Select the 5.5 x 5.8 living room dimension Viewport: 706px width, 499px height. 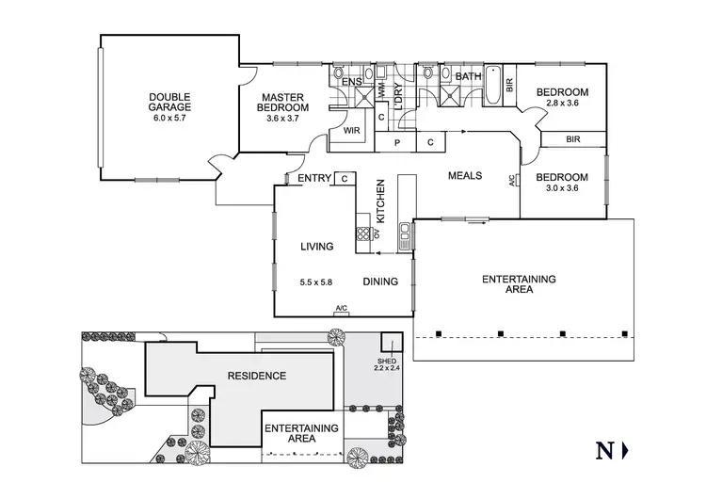pos(317,282)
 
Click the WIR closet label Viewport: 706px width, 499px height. pos(352,131)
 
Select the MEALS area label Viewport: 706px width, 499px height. pos(465,176)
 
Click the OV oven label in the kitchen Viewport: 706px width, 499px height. pos(376,233)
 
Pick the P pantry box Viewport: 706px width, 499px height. pos(397,142)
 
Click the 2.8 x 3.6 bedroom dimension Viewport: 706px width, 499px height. pos(562,106)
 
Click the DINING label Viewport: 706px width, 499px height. pos(380,282)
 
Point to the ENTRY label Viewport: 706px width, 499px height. pos(313,179)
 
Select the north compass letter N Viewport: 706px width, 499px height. pos(605,450)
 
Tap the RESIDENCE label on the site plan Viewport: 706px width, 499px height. pos(257,376)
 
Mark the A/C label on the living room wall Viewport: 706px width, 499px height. pos(341,309)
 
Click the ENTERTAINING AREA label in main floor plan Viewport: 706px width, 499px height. pos(519,284)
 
